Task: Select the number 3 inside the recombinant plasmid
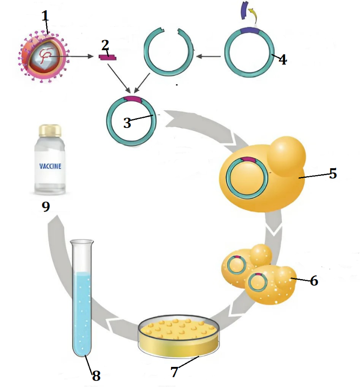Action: (127, 123)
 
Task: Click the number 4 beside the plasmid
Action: (283, 59)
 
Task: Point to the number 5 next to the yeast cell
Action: (333, 173)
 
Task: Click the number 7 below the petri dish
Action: (175, 372)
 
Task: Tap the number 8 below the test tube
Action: (96, 375)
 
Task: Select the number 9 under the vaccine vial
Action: (46, 206)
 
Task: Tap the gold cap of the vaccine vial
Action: (50, 130)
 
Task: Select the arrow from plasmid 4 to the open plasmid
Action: (209, 56)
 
